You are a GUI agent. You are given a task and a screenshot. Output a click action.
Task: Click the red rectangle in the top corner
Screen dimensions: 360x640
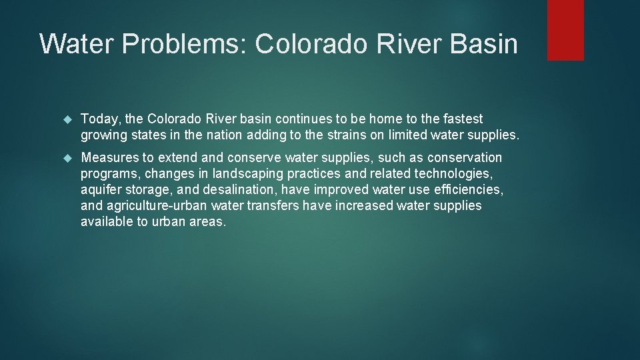565,30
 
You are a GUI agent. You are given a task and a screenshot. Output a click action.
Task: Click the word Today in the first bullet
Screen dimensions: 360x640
101,119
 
